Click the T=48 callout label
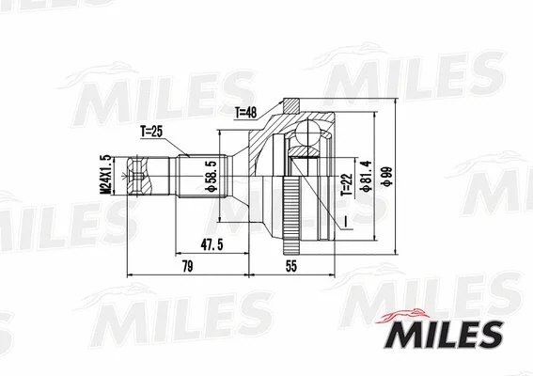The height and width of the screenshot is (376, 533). [x=247, y=114]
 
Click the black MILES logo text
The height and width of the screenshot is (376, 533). [x=443, y=333]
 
